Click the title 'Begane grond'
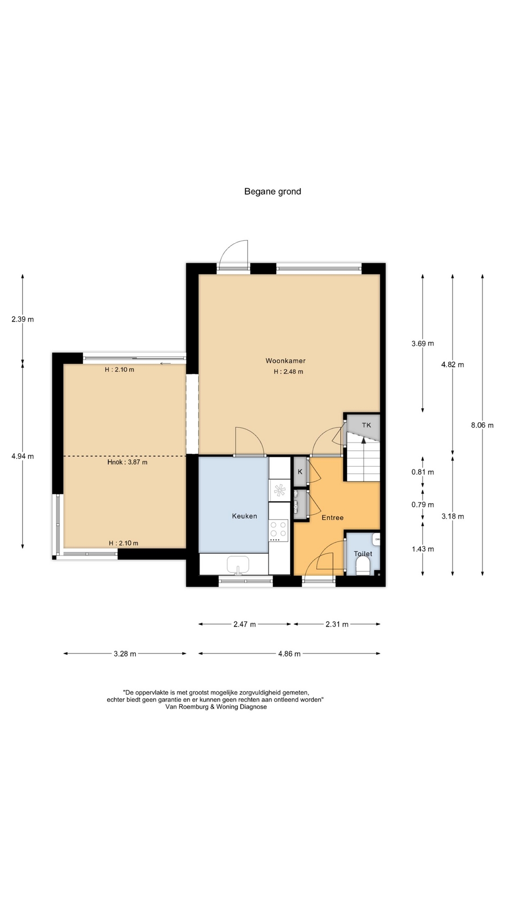(273, 191)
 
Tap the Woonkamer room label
(286, 361)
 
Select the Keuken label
(245, 516)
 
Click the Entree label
(332, 517)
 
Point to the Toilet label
(363, 553)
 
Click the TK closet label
(367, 425)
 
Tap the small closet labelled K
(300, 471)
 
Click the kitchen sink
(238, 565)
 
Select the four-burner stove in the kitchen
(278, 530)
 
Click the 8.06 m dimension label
(483, 425)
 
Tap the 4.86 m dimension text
(289, 653)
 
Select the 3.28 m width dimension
(125, 653)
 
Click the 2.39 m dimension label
(22, 319)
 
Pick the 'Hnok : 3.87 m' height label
(127, 462)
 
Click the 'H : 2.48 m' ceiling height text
(289, 372)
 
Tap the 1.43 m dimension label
(423, 549)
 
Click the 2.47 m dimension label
(245, 624)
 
